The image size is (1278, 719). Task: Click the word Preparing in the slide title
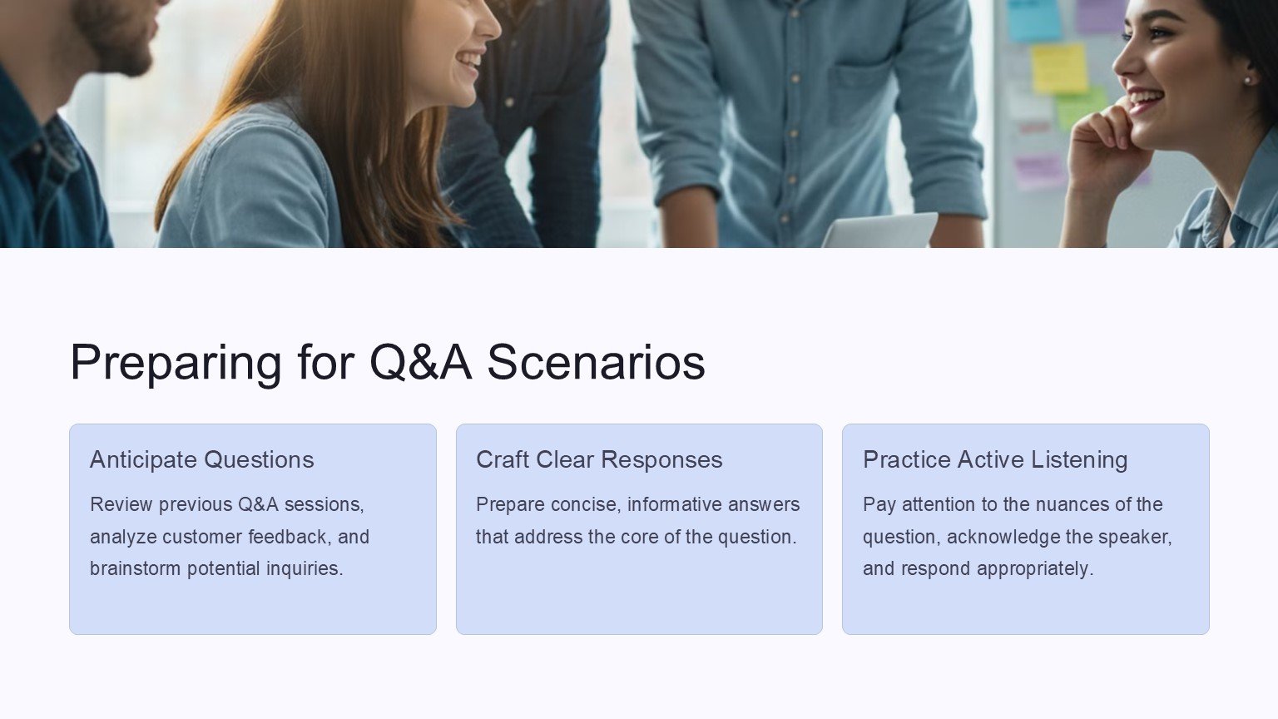pos(176,363)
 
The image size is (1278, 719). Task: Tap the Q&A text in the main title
pos(421,362)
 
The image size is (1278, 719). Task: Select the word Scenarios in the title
pos(597,362)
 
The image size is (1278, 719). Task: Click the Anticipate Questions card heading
pos(202,459)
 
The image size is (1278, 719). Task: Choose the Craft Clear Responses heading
pos(599,459)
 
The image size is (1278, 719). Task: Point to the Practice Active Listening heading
pos(995,459)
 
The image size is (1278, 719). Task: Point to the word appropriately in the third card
pos(1034,569)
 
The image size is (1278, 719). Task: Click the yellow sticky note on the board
pos(1059,68)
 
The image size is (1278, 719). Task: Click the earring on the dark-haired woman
pos(1247,81)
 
